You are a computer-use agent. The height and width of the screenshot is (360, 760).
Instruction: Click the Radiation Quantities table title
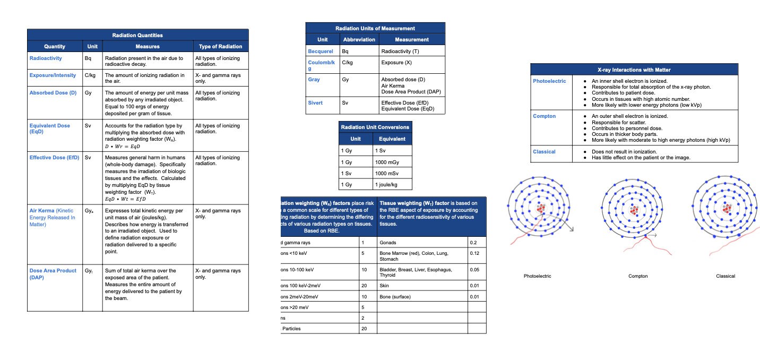tap(137, 35)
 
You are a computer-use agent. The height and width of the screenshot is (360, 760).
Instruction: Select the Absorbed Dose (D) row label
tap(53, 93)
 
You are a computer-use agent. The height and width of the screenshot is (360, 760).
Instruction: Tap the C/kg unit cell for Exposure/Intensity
tap(90, 75)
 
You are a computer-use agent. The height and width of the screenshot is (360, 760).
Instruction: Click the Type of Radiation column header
tap(220, 47)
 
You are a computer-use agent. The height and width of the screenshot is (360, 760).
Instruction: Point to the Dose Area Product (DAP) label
tap(53, 273)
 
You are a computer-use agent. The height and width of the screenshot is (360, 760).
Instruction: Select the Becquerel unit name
tap(321, 52)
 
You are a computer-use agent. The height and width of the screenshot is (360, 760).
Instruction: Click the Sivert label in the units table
tap(315, 103)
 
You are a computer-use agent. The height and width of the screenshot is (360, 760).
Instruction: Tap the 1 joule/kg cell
tap(386, 184)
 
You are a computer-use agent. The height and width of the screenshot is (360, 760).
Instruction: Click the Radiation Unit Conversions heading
tap(375, 127)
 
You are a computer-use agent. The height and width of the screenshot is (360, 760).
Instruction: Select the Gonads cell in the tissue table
tap(388, 243)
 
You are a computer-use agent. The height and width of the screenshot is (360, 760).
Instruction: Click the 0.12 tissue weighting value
tap(474, 253)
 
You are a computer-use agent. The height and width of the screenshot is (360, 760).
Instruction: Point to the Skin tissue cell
tap(385, 286)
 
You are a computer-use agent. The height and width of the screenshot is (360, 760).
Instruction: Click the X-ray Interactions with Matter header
tap(634, 70)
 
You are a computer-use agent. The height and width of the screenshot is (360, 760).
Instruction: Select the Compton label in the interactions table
tap(544, 116)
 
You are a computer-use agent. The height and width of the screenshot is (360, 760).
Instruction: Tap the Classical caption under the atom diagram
tap(725, 276)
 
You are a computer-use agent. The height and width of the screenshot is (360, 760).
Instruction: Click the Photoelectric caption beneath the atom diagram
tap(537, 276)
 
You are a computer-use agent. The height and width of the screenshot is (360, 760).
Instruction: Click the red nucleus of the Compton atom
tap(634, 210)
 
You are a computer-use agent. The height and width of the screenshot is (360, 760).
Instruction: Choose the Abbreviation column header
tap(359, 39)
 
